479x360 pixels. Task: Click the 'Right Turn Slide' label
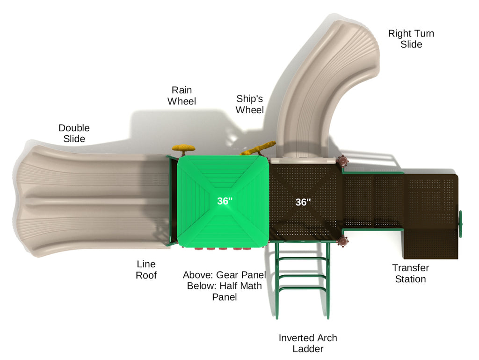[x=411, y=39]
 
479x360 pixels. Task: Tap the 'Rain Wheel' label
[x=182, y=96]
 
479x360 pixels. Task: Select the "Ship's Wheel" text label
[x=250, y=104]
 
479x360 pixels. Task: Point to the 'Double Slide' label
[x=74, y=133]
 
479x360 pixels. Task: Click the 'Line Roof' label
[x=146, y=270]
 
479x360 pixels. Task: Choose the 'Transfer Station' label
[x=411, y=273]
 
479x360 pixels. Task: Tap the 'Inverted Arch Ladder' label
[x=308, y=343]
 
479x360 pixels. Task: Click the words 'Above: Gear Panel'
[x=225, y=275]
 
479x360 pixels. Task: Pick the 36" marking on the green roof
[x=225, y=201]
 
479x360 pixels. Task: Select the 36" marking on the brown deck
[x=303, y=202]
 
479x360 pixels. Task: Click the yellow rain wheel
[x=183, y=149]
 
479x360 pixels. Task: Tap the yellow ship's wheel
[x=258, y=148]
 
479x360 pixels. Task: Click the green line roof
[x=223, y=202]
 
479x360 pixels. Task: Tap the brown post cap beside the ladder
[x=343, y=241]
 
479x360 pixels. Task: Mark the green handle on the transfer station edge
[x=460, y=224]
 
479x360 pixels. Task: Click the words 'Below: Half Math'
[x=225, y=286]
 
